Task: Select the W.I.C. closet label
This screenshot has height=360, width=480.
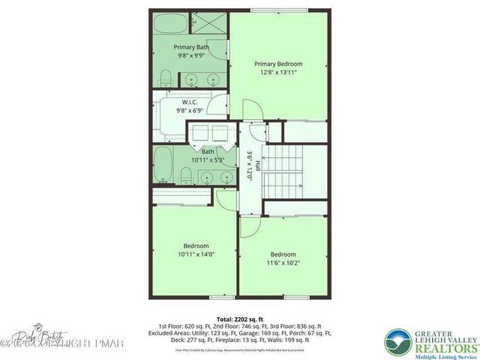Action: [x=190, y=101]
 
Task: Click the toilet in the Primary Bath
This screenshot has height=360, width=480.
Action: [x=166, y=77]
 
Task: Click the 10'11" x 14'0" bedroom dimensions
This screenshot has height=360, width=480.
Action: [x=196, y=254]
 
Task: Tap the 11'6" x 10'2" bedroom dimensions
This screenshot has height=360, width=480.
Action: [x=283, y=263]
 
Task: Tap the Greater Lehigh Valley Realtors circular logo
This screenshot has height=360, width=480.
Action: [x=398, y=342]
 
